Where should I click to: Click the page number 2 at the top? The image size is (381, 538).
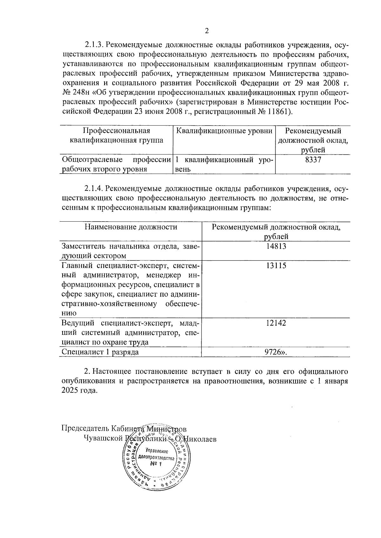[x=207, y=31]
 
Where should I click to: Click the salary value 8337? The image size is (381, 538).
[x=313, y=160]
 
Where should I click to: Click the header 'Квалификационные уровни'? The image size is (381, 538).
[x=224, y=131]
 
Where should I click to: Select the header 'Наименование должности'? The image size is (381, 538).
[x=130, y=227]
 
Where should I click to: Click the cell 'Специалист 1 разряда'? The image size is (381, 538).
[x=100, y=352]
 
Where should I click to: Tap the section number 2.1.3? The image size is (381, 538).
[x=93, y=45]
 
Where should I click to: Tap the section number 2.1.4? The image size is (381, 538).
[x=93, y=189]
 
